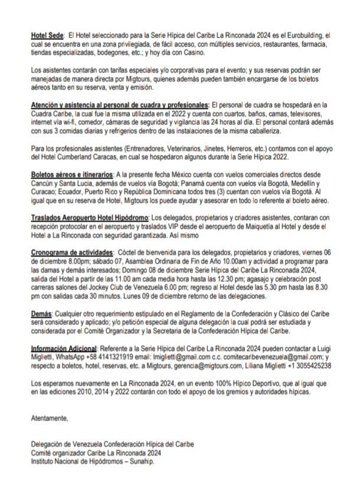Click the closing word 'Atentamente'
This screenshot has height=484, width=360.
tap(49, 419)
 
